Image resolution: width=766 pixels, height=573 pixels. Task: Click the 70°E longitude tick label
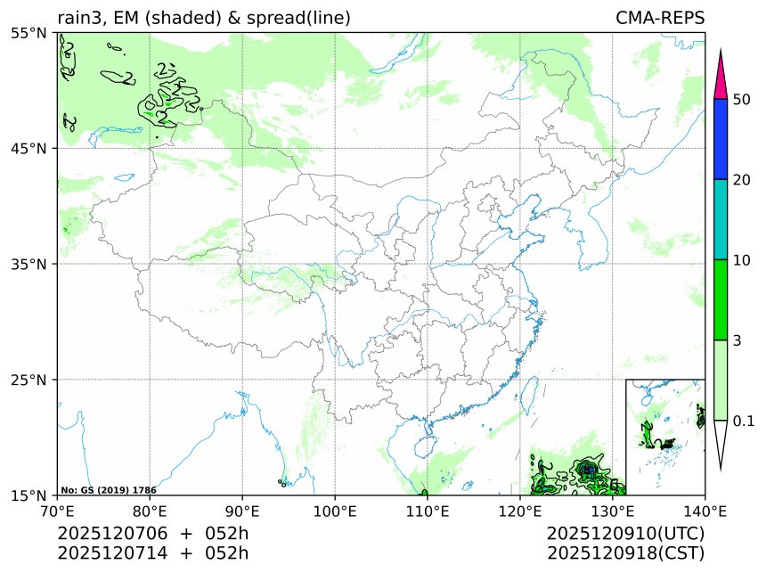[58, 512]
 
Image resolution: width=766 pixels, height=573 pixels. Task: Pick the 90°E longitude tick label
[242, 512]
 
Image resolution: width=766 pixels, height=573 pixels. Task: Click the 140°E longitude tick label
[704, 512]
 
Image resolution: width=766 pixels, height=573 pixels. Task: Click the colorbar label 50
[741, 99]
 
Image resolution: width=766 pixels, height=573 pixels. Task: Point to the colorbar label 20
[741, 180]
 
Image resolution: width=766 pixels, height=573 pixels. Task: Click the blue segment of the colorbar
[722, 139]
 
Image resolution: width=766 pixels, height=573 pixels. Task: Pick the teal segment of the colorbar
[722, 219]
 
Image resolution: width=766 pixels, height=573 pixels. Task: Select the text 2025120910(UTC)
[625, 533]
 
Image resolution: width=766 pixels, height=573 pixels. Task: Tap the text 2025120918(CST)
[625, 553]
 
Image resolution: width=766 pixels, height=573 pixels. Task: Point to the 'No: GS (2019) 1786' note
[109, 490]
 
